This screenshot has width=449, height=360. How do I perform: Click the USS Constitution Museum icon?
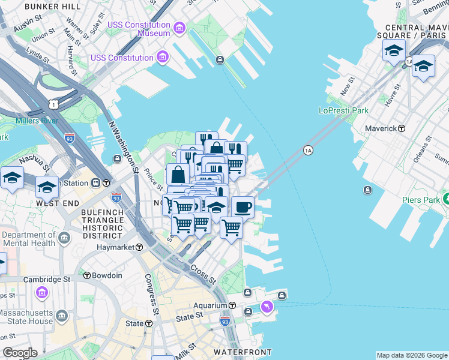pyautogui.click(x=179, y=28)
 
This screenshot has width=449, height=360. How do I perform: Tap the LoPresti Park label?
pyautogui.click(x=343, y=110)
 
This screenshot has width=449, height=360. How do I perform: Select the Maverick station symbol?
pyautogui.click(x=402, y=128)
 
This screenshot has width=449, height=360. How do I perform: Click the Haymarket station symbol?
pyautogui.click(x=139, y=247)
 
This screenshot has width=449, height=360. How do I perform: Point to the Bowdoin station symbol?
pyautogui.click(x=87, y=275)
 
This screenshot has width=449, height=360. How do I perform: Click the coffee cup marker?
pyautogui.click(x=243, y=207)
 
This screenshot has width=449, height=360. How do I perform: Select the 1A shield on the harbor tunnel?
pyautogui.click(x=308, y=150)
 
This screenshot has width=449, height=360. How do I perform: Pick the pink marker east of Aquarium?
pyautogui.click(x=267, y=307)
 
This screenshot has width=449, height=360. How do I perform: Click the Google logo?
pyautogui.click(x=20, y=353)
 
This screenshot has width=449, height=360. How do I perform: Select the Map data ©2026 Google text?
pyautogui.click(x=411, y=355)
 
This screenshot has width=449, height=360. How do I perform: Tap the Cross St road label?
pyautogui.click(x=202, y=274)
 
